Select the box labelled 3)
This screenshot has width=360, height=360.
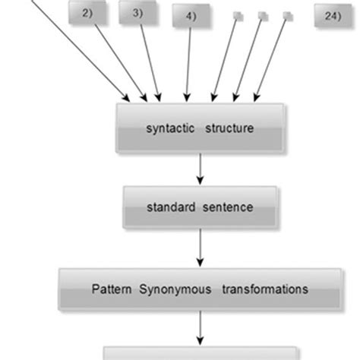click(x=135, y=13)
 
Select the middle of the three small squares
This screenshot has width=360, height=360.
click(x=263, y=15)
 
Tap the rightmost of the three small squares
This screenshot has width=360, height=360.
click(x=287, y=15)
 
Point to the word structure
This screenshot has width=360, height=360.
click(x=229, y=128)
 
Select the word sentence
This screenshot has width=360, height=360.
click(x=227, y=205)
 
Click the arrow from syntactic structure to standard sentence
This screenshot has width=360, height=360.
click(x=200, y=168)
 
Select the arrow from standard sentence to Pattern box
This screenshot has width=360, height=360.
click(x=200, y=246)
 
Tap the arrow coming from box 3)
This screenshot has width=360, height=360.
click(x=147, y=61)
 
